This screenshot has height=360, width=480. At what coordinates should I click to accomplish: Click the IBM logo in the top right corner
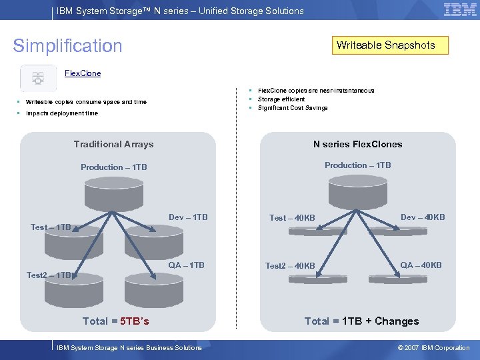(x=460, y=10)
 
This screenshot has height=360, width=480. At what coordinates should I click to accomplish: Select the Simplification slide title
(x=68, y=46)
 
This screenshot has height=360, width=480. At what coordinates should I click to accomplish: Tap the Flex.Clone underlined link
(x=83, y=73)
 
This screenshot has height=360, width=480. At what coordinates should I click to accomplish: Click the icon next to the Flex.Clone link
(x=38, y=77)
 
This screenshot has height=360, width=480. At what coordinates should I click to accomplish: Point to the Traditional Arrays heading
(x=113, y=144)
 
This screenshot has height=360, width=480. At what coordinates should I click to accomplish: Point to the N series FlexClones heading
(x=357, y=144)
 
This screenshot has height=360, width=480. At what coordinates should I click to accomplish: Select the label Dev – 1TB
(x=188, y=217)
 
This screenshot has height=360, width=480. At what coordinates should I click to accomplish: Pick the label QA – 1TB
(x=187, y=265)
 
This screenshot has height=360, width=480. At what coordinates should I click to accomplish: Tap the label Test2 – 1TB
(x=49, y=275)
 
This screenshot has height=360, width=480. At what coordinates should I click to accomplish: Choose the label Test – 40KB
(x=292, y=218)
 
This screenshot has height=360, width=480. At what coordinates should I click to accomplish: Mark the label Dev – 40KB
(x=423, y=217)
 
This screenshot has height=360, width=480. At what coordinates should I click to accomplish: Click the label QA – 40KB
(x=421, y=265)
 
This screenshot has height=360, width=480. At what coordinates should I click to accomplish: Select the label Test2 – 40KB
(x=290, y=266)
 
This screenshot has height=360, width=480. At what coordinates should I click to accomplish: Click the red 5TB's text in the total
(x=135, y=321)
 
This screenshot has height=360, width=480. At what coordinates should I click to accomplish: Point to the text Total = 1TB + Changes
(x=361, y=321)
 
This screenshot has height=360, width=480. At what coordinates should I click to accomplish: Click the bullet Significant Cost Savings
(x=293, y=108)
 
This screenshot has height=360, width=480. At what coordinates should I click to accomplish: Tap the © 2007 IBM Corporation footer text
(x=433, y=348)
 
